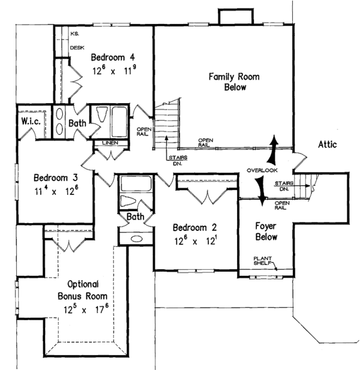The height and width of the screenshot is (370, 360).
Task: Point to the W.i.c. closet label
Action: pyautogui.click(x=31, y=122)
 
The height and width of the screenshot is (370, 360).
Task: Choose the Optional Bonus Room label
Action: pyautogui.click(x=83, y=290)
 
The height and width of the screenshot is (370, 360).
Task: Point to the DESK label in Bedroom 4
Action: pyautogui.click(x=77, y=47)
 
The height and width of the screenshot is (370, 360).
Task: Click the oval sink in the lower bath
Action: pyautogui.click(x=136, y=238)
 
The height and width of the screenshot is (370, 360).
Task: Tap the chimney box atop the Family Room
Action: pyautogui.click(x=230, y=18)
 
